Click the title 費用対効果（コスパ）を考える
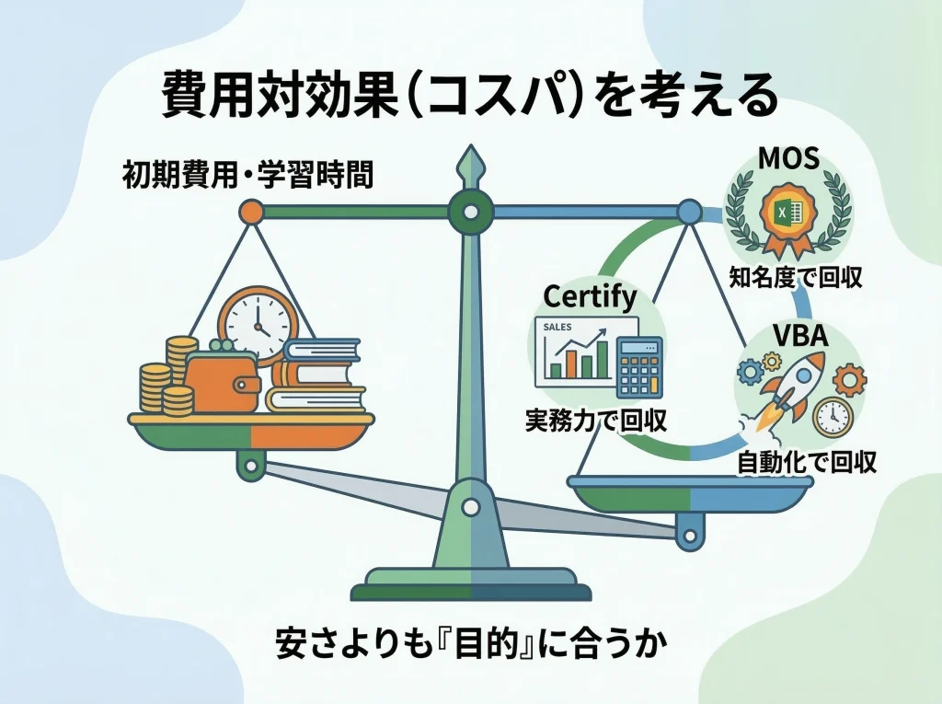pos(470,95)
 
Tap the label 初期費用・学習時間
pos(247,175)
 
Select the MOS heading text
pos(788,158)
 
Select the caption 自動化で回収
pos(807,460)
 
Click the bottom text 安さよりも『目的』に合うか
pos(470,644)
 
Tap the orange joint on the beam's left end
pos(250,213)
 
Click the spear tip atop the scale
pos(470,166)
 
